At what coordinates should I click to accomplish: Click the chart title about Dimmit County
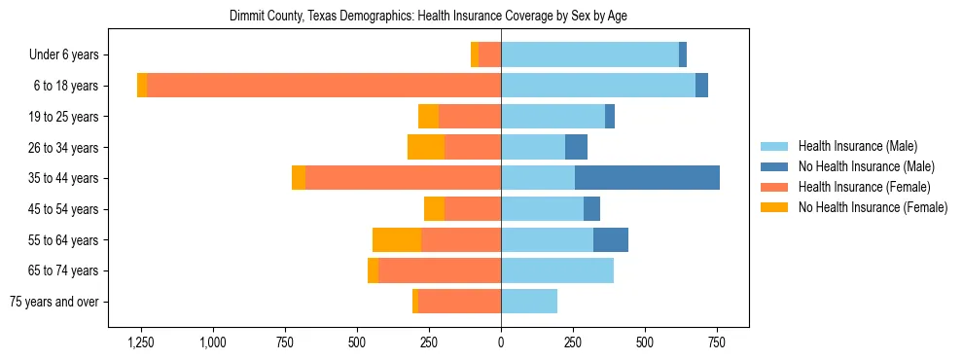coord(428,17)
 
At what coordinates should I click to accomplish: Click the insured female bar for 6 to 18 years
coord(324,86)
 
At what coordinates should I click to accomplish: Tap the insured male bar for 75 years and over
coord(529,302)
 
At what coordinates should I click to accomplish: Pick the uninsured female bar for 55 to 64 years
coord(397,239)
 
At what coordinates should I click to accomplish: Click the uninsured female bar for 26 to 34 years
coord(426,147)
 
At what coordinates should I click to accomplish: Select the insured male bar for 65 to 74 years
coord(557,270)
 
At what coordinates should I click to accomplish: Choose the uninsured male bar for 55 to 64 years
coord(611,239)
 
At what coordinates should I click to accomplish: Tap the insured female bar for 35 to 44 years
coord(403,178)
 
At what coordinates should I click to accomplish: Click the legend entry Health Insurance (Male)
coord(857,146)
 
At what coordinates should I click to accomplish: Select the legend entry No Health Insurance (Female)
coord(873,206)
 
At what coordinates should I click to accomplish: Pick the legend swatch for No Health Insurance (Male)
coord(774,166)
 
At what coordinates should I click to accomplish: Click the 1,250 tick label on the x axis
coord(142,342)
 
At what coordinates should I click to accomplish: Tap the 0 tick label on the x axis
coord(501,342)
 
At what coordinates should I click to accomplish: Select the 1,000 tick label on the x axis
coord(213,342)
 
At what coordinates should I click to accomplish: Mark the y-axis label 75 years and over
coord(54,302)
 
